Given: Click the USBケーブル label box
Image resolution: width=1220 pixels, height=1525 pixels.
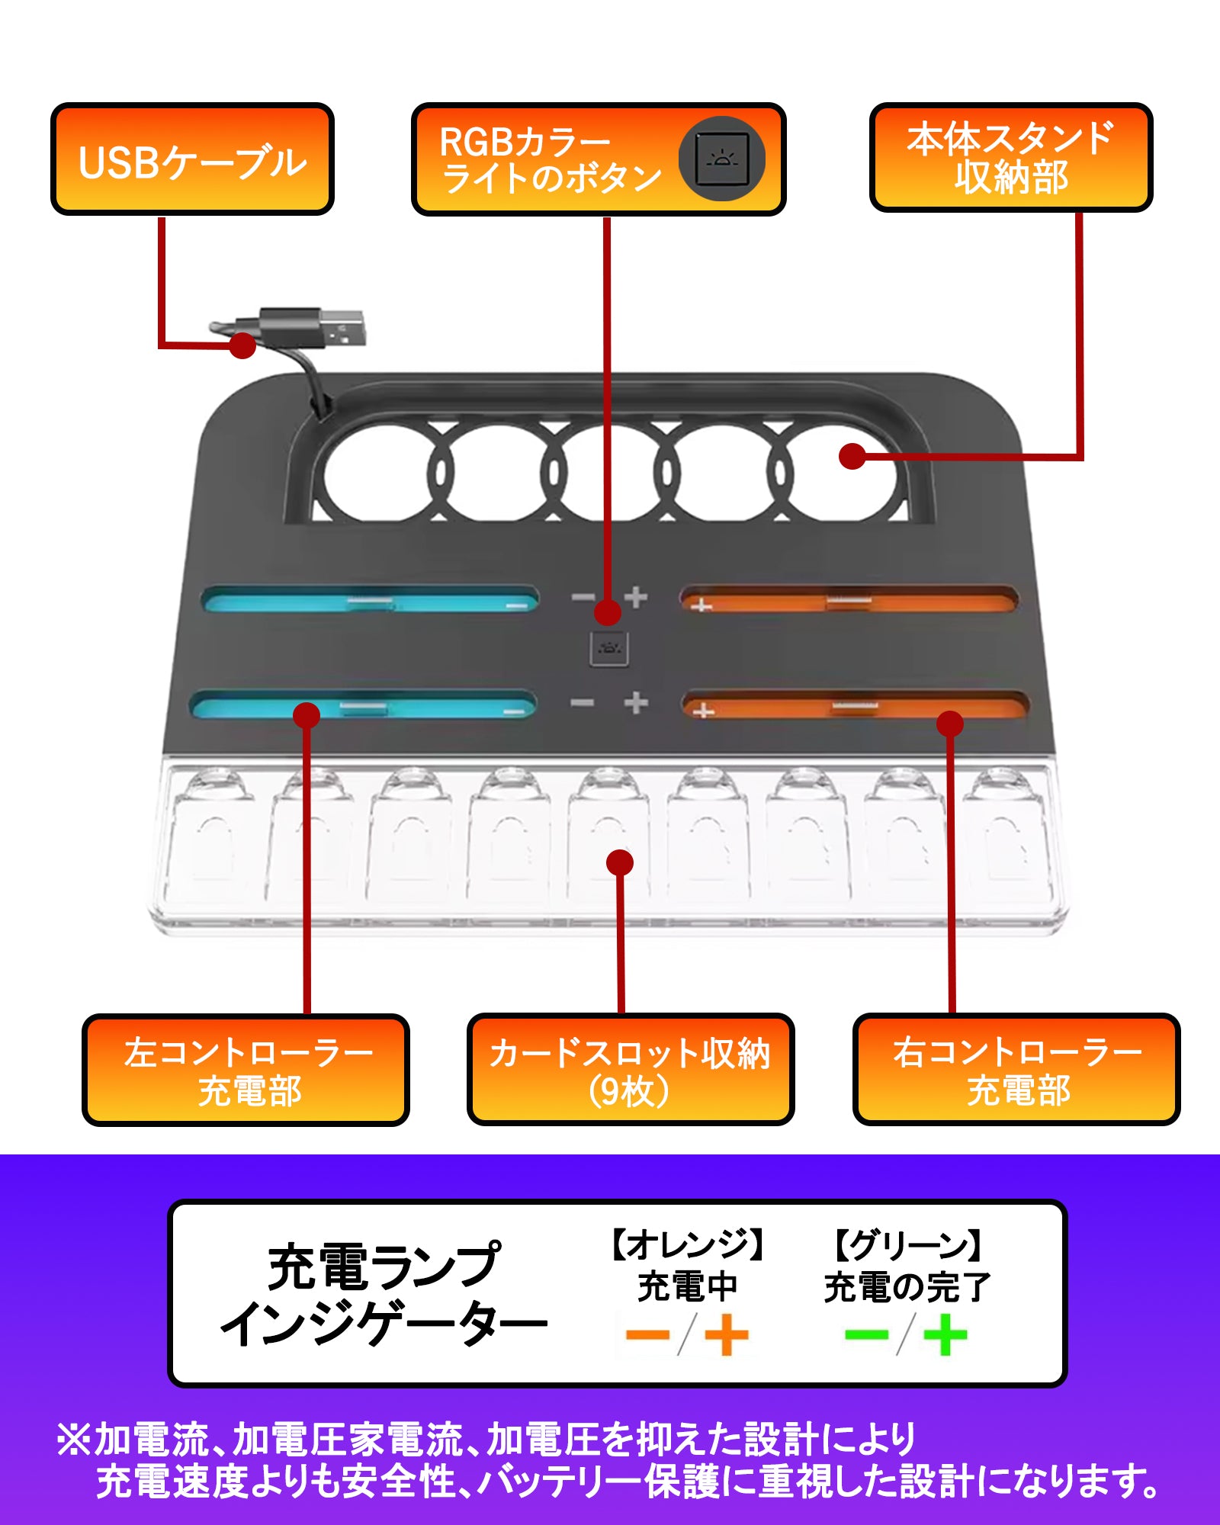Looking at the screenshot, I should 192,159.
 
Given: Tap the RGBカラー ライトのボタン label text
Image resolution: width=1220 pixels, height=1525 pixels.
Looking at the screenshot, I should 551,159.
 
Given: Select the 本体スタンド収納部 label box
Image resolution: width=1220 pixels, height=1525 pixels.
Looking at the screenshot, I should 1010,158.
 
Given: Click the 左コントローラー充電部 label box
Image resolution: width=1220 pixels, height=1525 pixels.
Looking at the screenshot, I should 246,1070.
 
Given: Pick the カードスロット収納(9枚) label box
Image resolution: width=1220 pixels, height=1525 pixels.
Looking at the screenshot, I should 630,1070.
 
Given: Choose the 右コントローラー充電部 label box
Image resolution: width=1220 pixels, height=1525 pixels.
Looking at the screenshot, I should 1016,1070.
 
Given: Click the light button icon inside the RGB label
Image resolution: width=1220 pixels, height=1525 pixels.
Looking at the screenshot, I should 721,159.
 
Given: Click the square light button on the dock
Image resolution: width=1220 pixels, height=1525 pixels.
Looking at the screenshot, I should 608,649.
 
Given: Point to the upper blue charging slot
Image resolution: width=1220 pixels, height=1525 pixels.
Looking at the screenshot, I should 370,601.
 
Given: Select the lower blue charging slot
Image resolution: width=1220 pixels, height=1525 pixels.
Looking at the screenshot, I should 362,706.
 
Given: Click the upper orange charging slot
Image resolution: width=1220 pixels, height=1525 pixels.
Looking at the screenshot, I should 848,600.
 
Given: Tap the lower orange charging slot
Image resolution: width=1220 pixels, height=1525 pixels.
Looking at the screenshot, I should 854,706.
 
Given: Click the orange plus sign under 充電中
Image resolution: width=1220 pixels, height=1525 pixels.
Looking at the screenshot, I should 726,1334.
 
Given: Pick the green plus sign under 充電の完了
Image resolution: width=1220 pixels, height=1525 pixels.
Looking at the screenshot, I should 945,1334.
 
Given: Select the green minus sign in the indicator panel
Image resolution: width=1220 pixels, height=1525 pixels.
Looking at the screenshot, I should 867,1334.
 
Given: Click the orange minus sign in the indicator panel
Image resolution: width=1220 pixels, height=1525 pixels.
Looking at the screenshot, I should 647,1334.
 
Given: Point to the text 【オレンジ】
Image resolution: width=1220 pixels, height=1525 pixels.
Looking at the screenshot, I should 687,1245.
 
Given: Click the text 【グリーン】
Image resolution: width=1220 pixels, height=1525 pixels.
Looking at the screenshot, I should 907,1245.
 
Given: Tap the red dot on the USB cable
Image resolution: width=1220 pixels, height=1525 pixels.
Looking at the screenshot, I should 242,345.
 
